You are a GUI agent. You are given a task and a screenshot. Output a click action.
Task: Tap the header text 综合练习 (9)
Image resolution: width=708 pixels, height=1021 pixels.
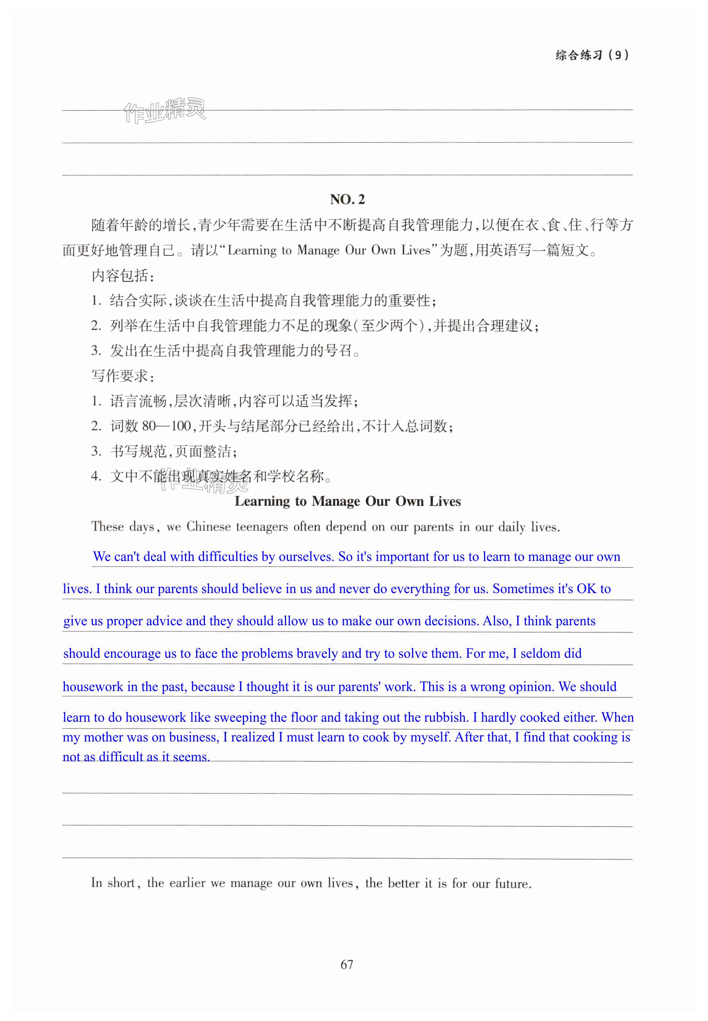point(592,55)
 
